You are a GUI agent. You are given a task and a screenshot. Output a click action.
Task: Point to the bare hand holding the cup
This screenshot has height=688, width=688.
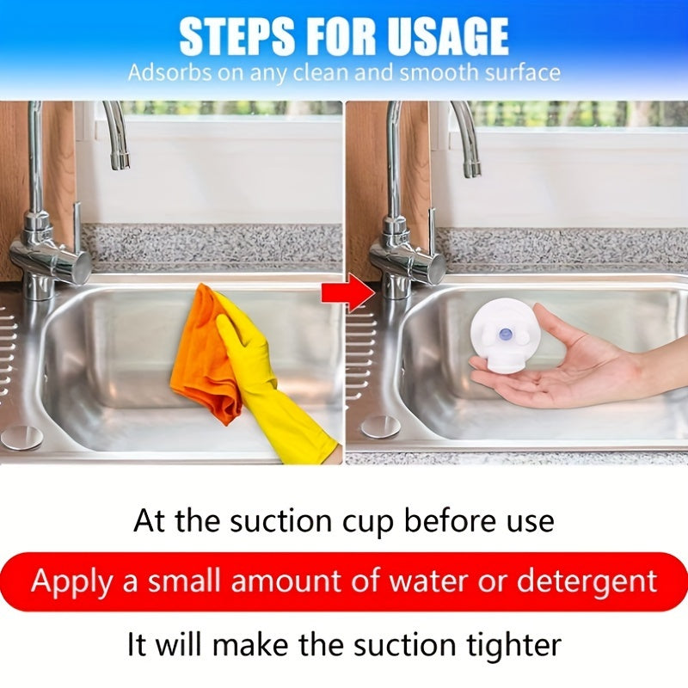coord(585,361)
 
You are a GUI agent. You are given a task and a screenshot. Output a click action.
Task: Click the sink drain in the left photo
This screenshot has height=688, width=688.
coord(21,436)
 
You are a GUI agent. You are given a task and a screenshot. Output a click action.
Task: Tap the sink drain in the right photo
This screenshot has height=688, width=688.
coord(379,426)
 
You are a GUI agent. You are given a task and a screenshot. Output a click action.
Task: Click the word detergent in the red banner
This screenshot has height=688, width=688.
coord(587,581)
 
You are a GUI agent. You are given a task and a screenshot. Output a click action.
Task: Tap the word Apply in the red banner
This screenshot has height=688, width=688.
coord(72,582)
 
